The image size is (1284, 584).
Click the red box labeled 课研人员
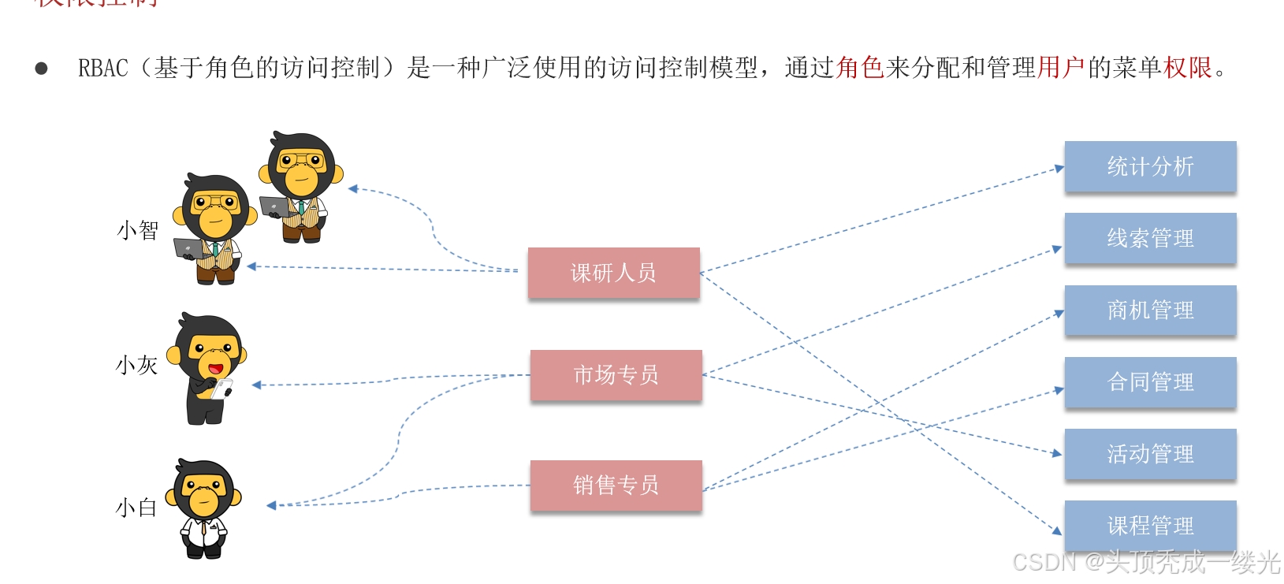613,273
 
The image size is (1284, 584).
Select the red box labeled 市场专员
616,375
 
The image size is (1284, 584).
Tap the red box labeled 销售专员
616,485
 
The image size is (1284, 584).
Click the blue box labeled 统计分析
1150,166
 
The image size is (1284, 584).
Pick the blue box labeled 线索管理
1150,238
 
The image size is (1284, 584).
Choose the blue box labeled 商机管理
1150,310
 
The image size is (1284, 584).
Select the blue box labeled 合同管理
1150,382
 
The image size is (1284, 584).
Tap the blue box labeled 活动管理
1150,454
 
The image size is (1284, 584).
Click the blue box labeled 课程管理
1150,525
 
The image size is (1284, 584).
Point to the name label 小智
138,230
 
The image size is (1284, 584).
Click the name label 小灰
137,365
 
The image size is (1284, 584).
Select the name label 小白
136,507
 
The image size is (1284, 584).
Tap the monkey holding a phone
207,368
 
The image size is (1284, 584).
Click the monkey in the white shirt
204,509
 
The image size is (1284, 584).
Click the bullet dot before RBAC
41,69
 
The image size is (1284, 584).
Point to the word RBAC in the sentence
102,69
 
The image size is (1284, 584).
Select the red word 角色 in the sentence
860,68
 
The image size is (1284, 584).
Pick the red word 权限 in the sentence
1188,68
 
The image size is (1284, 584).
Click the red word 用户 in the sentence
1061,68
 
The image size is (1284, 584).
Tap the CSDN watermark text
1146,562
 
